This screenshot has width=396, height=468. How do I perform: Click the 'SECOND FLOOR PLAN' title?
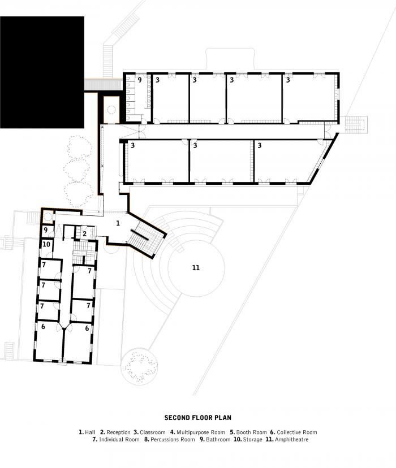198,418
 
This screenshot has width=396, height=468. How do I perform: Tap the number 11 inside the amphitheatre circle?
196,267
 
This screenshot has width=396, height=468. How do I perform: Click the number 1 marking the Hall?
118,223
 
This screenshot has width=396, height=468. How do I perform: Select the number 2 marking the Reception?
84,233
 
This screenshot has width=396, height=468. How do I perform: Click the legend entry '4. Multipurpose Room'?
197,432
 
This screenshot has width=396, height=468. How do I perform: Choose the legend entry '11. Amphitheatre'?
291,439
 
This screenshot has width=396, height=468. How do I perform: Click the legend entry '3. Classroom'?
149,432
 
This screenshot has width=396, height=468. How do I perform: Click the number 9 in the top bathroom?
139,80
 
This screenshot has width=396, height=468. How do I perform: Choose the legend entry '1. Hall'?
87,432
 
